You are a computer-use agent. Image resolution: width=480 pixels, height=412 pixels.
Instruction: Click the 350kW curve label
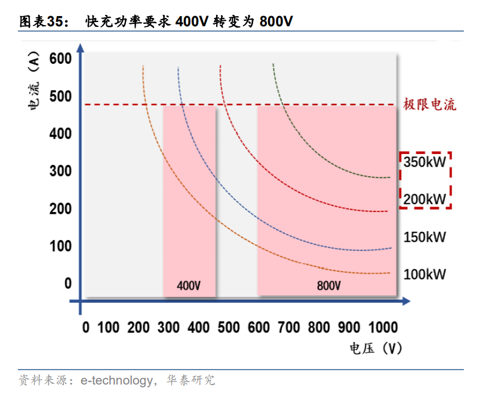425,162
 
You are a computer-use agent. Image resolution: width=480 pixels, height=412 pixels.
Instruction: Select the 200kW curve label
425,199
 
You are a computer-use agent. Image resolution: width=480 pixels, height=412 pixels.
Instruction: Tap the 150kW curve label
425,237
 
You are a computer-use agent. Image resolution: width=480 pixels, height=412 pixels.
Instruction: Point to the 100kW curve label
425,275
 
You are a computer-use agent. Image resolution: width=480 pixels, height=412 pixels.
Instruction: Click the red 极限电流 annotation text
429,104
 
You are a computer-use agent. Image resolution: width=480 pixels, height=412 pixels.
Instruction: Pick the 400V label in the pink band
189,285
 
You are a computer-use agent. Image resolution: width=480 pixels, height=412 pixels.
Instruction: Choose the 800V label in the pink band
328,285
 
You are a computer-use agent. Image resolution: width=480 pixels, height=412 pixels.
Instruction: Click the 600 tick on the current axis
60,59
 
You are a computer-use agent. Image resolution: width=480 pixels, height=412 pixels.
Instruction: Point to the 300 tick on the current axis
60,171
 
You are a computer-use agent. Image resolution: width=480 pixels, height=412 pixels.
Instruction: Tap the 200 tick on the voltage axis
139,327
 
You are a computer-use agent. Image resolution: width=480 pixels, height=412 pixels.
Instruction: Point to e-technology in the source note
117,380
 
